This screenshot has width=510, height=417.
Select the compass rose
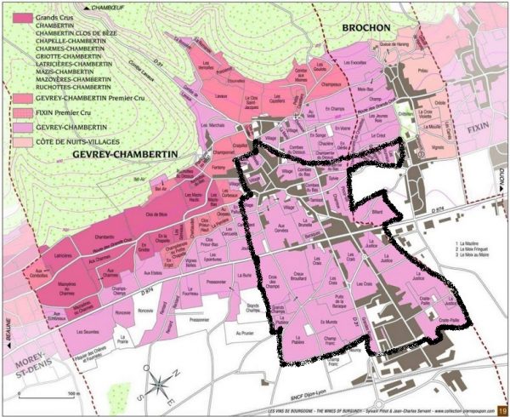pyautogui.click(x=161, y=388)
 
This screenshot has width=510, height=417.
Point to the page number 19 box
pyautogui.click(x=501, y=408)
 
